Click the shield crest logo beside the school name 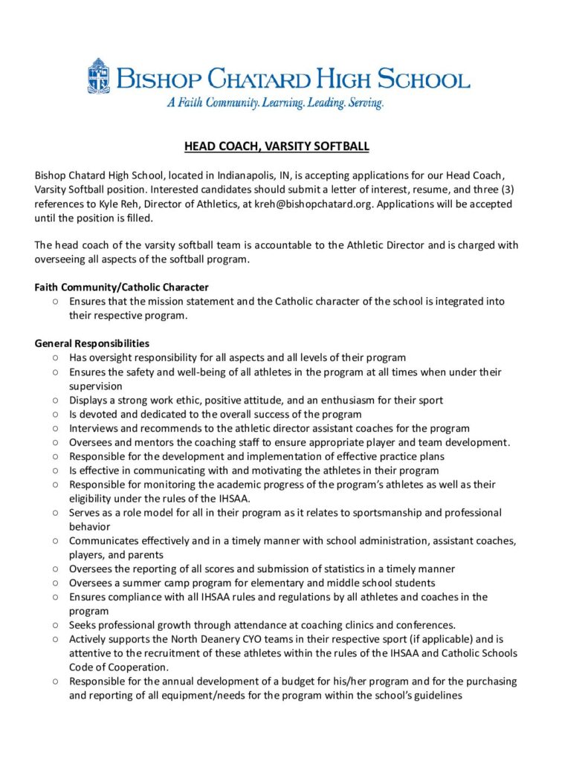[x=98, y=76]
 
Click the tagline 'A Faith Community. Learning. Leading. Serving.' [x=275, y=103]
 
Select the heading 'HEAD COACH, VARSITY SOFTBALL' [x=277, y=146]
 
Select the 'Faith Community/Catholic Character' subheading [x=121, y=287]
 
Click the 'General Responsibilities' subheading [x=92, y=343]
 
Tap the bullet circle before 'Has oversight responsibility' [x=56, y=357]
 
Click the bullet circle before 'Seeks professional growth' [x=56, y=625]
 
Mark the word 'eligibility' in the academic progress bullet [x=95, y=499]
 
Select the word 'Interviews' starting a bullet [x=95, y=428]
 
